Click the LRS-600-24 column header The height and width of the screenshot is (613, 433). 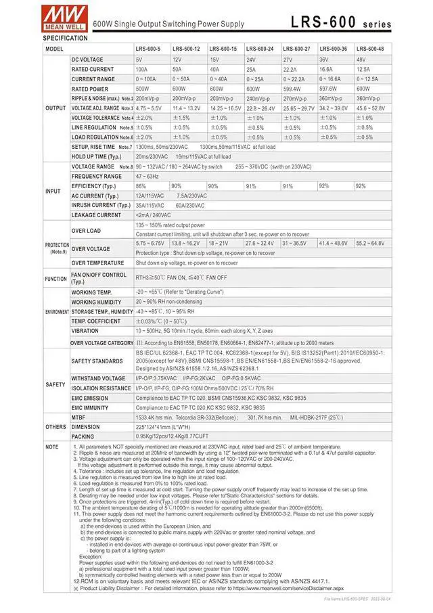click(258, 49)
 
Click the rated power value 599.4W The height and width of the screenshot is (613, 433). click(293, 89)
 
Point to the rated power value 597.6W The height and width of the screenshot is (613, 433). click(329, 89)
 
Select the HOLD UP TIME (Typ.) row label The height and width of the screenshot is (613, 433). click(96, 156)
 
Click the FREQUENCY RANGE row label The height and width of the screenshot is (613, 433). click(97, 176)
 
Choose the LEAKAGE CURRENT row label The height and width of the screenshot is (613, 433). click(96, 215)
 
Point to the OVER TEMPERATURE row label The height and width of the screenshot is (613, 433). click(98, 263)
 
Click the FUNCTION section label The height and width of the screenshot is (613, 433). click(55, 278)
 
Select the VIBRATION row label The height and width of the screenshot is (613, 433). click(85, 331)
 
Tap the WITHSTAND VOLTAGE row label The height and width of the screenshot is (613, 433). click(98, 378)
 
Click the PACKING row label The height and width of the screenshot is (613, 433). click(83, 436)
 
